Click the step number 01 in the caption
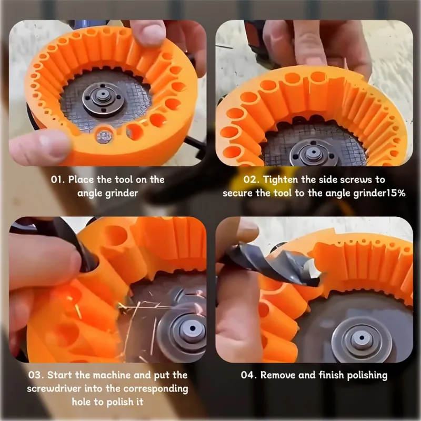(57, 179)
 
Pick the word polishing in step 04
(367, 376)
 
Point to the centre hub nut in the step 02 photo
(313, 153)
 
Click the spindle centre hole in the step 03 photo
(193, 328)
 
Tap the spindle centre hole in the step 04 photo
(362, 337)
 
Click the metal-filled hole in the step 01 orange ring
(104, 136)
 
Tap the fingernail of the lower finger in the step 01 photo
(52, 144)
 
